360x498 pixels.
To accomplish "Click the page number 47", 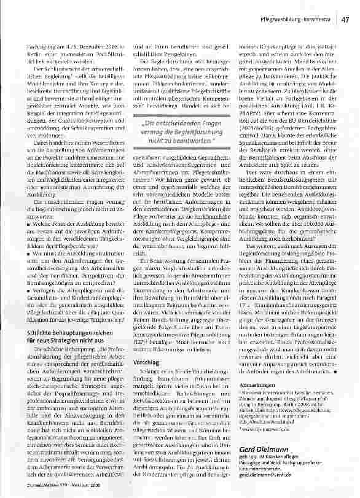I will point(345,20).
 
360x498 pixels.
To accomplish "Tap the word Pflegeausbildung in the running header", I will point(282,20).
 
